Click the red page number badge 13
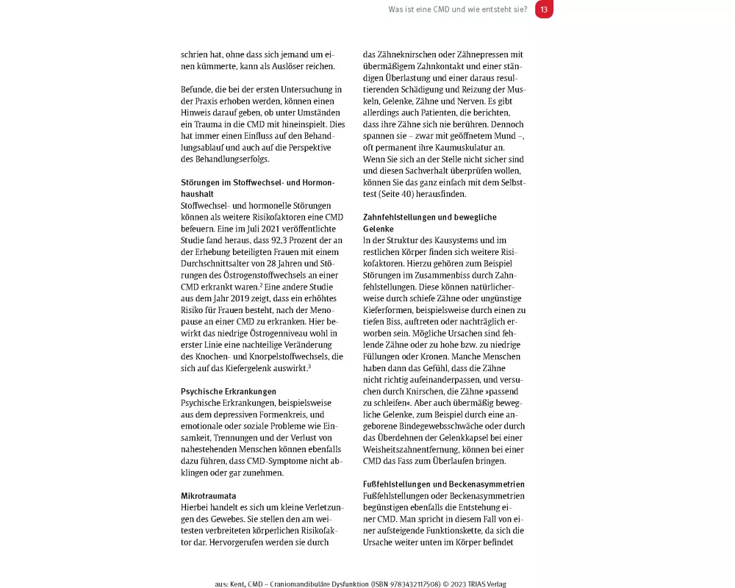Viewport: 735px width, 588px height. (x=544, y=10)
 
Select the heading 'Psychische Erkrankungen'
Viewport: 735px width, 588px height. (x=229, y=392)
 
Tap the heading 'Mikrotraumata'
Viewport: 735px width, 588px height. (x=209, y=496)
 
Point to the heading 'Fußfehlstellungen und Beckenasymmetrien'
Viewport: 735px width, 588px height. (x=454, y=484)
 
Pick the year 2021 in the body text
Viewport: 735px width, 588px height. (x=265, y=229)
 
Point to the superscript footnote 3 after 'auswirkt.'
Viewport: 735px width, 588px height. (x=309, y=366)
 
